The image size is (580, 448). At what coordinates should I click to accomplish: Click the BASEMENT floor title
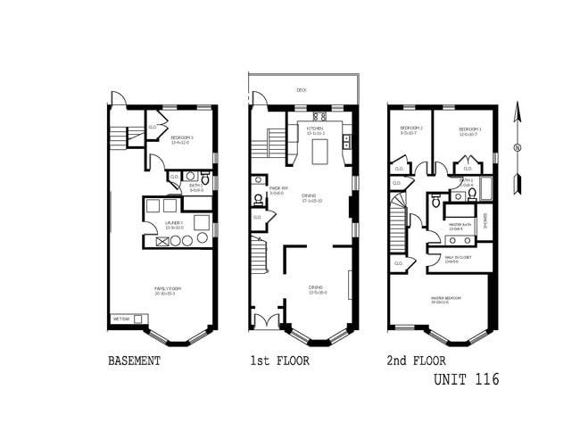[134, 361]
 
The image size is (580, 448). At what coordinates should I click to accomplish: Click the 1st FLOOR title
[279, 361]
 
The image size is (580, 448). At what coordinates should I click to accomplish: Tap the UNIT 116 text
[466, 380]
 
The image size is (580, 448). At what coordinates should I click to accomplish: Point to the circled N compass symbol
[517, 147]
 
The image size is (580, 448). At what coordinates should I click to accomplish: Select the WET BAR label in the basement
[120, 319]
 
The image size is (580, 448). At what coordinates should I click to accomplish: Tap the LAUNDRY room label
[175, 223]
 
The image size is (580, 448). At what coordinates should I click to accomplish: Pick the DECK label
[302, 90]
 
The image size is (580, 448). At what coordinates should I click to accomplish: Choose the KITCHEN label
[315, 129]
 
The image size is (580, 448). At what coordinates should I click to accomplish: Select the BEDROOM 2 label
[410, 129]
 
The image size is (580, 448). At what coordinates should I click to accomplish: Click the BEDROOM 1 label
[470, 129]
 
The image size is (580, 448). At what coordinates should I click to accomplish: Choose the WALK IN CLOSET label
[458, 258]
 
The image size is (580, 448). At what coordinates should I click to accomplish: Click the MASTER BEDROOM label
[446, 298]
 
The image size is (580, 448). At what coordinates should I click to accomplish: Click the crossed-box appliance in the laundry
[162, 240]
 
